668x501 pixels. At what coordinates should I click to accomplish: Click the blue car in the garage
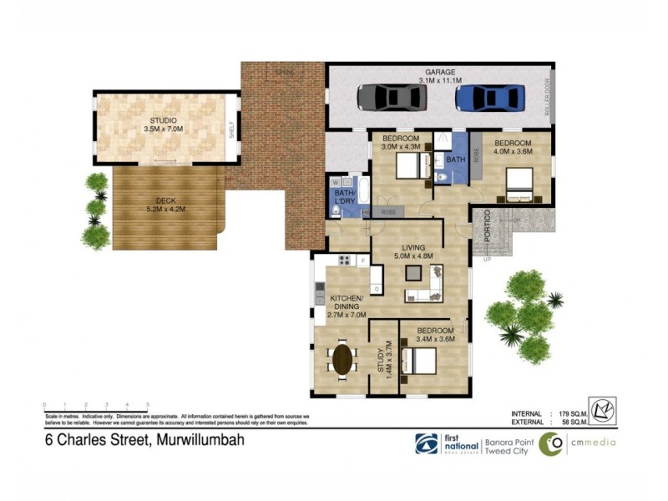[489, 98]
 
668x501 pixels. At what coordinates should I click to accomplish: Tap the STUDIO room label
[164, 120]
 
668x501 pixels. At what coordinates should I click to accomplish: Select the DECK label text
[166, 200]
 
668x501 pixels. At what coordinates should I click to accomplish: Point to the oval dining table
[342, 359]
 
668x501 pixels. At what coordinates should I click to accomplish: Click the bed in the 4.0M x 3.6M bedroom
[524, 185]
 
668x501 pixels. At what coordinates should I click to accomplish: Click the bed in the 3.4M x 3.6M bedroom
[419, 360]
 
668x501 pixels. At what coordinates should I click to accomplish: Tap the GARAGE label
[439, 73]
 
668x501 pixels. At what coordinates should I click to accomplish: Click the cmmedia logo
[576, 443]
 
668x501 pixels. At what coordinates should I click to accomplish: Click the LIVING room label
[414, 247]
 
